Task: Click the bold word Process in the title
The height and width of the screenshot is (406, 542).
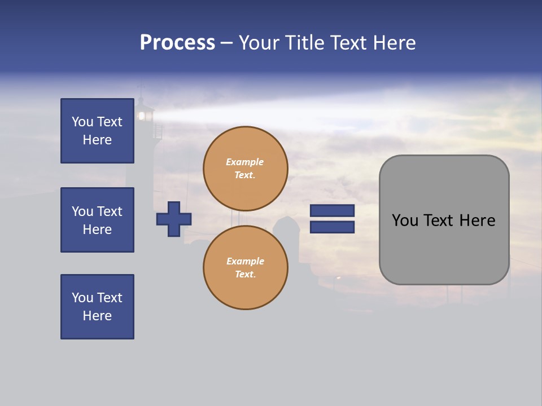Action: pos(177,43)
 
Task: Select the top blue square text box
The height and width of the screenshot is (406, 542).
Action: pos(97,131)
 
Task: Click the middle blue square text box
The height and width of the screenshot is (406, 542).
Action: pos(97,220)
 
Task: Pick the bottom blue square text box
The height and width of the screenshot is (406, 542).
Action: pos(97,307)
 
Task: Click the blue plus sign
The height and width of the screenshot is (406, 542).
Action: pos(174,219)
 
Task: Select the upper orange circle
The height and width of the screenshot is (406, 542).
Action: pos(246,169)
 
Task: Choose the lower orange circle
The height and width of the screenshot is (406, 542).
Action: pos(246,268)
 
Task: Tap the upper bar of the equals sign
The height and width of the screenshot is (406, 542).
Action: pos(332,210)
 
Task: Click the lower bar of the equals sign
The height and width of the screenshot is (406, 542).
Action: pos(332,227)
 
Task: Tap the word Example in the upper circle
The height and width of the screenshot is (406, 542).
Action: pos(244,162)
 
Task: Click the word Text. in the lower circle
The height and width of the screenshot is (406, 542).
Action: pos(245,275)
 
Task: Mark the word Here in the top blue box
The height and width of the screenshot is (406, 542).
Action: pos(97,140)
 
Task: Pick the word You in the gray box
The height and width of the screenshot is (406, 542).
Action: pos(404,220)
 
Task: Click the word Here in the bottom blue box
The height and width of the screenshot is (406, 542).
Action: pos(97,316)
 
